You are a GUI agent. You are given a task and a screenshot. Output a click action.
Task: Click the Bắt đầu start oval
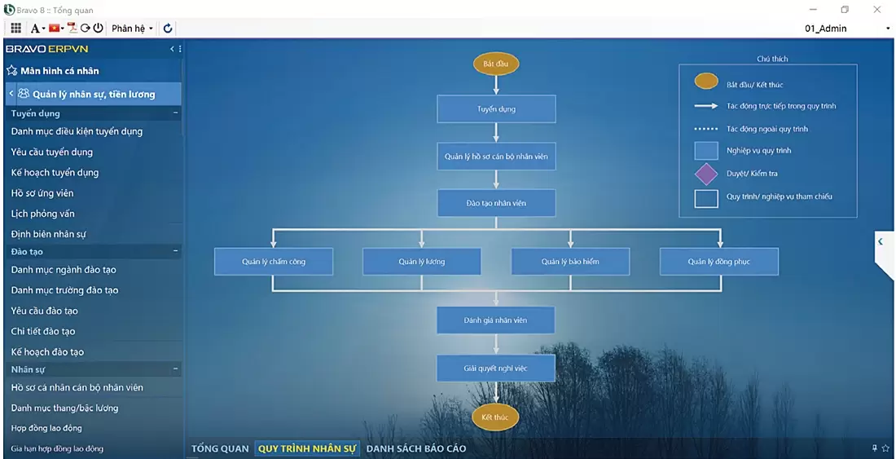click(495, 63)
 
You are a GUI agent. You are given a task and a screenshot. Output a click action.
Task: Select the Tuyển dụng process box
click(496, 108)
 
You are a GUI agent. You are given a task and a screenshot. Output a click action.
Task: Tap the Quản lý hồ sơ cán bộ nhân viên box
click(496, 156)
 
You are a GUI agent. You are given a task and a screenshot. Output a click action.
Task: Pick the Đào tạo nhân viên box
click(496, 203)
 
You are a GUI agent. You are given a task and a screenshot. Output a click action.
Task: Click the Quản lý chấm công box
click(274, 262)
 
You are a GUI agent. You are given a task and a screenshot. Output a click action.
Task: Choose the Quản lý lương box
click(421, 262)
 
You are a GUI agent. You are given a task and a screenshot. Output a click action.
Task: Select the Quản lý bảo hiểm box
click(570, 262)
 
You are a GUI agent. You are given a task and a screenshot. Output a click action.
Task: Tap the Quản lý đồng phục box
click(718, 262)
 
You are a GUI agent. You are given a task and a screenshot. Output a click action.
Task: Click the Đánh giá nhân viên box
click(495, 320)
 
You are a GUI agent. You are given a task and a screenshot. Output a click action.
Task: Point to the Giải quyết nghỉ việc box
click(495, 368)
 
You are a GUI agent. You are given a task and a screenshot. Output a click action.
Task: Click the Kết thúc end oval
click(494, 417)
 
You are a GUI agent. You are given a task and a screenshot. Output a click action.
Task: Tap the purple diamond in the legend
click(705, 174)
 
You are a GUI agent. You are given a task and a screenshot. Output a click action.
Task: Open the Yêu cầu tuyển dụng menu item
click(52, 152)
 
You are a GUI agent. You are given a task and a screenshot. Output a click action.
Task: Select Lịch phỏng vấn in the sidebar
click(43, 214)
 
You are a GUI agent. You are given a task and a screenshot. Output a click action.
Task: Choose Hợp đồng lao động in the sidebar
click(46, 428)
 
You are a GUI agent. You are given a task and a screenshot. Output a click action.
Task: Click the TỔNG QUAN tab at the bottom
click(220, 448)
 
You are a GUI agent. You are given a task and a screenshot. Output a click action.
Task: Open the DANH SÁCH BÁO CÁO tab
click(415, 448)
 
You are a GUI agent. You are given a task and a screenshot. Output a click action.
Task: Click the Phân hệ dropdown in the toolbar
click(131, 29)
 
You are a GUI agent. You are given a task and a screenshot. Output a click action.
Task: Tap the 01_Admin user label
click(826, 29)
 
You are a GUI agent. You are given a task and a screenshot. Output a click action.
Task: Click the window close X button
click(877, 10)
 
